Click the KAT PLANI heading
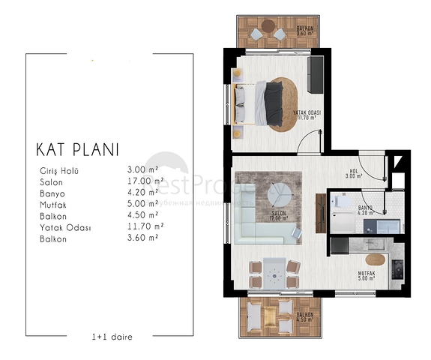coord(77,148)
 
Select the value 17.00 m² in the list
coord(145,181)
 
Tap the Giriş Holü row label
coord(59,170)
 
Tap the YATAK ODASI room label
coord(306,114)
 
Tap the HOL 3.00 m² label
coord(354,173)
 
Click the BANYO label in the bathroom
coord(366,209)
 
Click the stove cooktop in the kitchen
coord(397,266)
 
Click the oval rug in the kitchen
coord(375,259)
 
